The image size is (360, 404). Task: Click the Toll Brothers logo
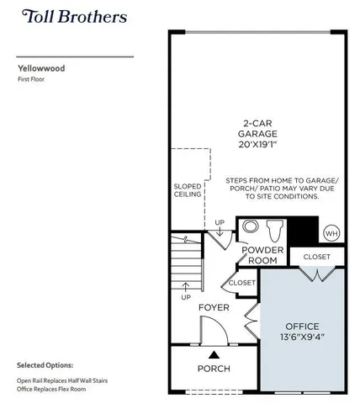tap(75, 17)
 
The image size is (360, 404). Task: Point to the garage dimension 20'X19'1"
tap(257, 145)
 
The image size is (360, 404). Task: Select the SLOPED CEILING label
tap(188, 190)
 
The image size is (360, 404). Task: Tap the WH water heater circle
tap(331, 233)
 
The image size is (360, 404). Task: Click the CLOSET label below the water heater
tap(316, 257)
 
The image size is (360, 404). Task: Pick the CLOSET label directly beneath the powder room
tap(241, 284)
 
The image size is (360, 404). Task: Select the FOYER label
tap(214, 308)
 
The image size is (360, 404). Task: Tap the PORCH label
tap(214, 369)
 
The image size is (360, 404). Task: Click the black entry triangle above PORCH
tap(214, 354)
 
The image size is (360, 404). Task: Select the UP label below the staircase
tap(185, 296)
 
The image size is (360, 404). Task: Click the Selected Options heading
tap(45, 366)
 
